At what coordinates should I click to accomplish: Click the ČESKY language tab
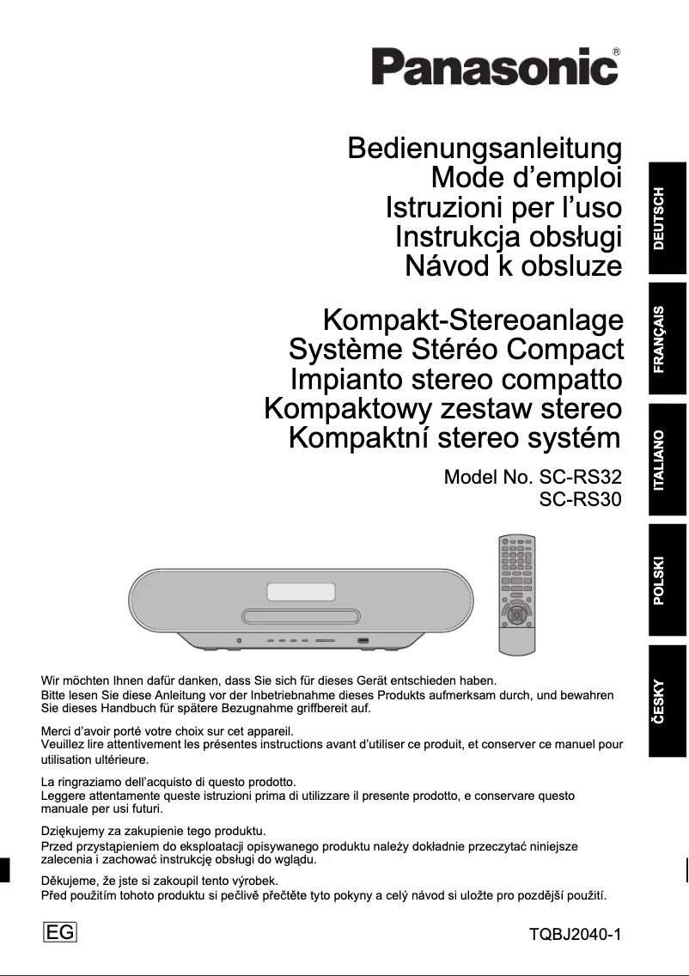(668, 701)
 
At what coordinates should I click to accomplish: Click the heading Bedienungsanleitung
(485, 149)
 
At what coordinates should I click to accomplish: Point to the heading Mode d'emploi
(526, 179)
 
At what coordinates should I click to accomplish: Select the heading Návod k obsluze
(513, 265)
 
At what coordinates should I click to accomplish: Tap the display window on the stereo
(301, 592)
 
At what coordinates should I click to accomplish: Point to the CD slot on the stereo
(301, 616)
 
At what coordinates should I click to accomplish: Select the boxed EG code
(59, 933)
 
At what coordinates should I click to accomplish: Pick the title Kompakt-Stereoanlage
(473, 321)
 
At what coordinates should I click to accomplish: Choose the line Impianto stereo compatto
(455, 379)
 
